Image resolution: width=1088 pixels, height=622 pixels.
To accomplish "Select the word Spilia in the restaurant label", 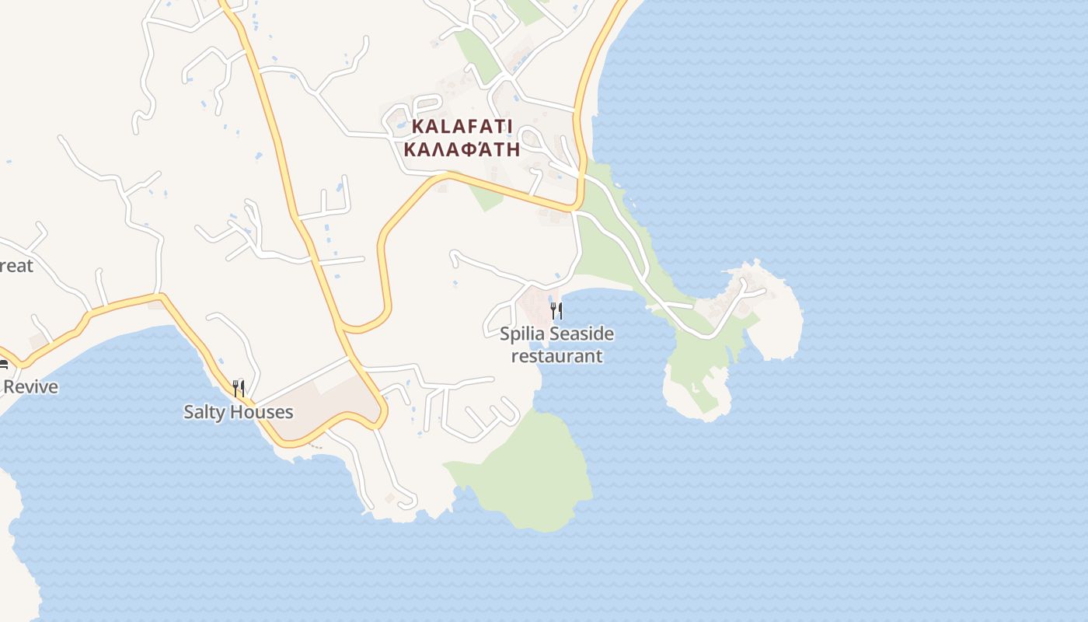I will click(522, 334).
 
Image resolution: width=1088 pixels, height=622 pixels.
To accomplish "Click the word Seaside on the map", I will click(581, 334).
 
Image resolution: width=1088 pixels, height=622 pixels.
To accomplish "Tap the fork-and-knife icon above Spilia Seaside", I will click(556, 312).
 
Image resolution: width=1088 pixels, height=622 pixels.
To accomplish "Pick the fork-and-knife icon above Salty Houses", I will click(239, 388).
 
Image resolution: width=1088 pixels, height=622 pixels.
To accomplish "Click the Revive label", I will click(31, 386).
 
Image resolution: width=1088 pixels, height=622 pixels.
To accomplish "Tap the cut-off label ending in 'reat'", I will click(16, 266).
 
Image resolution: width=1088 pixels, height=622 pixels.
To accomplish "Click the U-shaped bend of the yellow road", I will click(365, 327).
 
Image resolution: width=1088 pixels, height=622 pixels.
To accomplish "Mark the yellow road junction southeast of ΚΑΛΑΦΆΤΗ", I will click(576, 208).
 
